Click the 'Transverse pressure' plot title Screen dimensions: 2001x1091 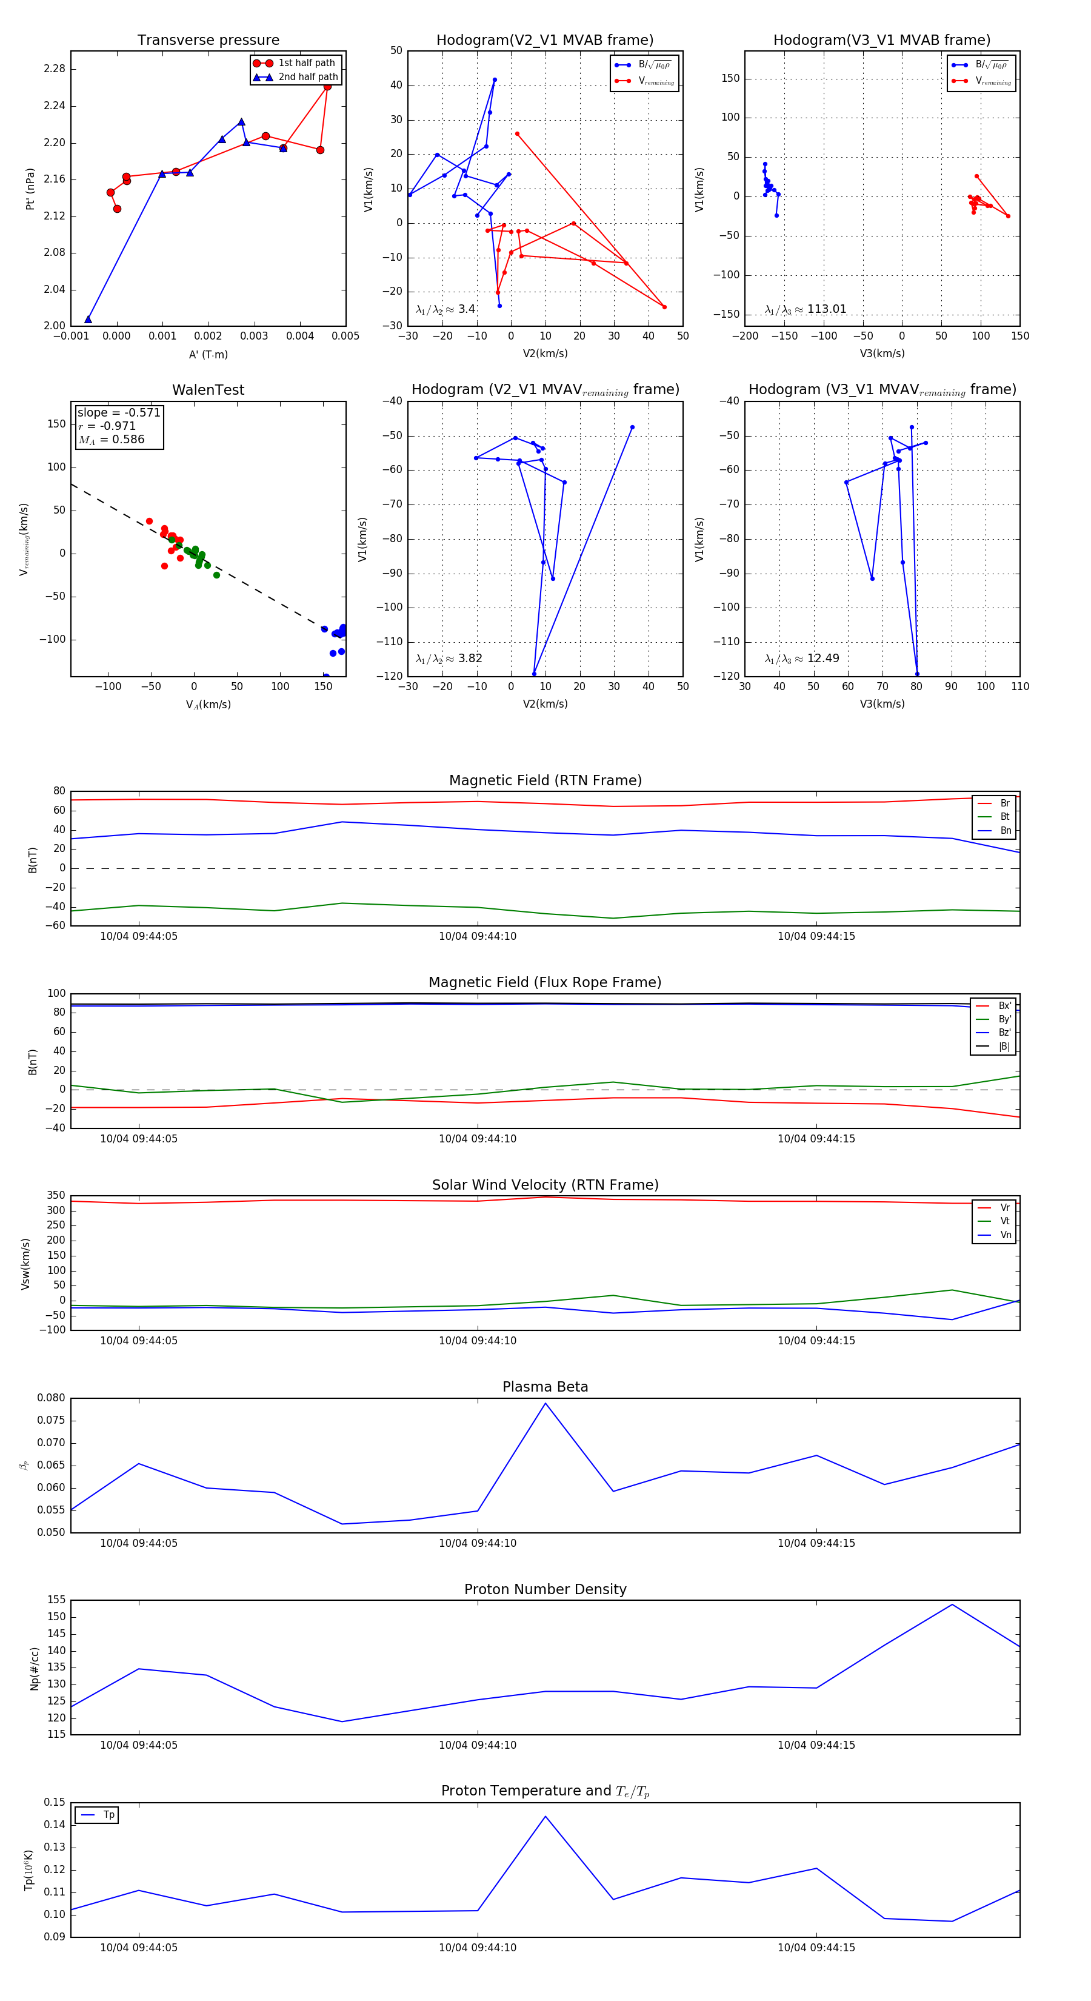208,41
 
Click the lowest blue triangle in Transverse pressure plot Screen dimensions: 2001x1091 88,320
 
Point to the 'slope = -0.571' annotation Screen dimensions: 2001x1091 119,412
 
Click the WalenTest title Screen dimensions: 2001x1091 208,390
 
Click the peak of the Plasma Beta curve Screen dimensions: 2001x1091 545,1403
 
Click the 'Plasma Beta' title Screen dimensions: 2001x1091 545,1387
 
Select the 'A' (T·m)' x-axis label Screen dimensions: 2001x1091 208,354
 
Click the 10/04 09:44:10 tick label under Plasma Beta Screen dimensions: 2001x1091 478,1543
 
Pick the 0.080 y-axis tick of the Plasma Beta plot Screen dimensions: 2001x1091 52,1398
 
